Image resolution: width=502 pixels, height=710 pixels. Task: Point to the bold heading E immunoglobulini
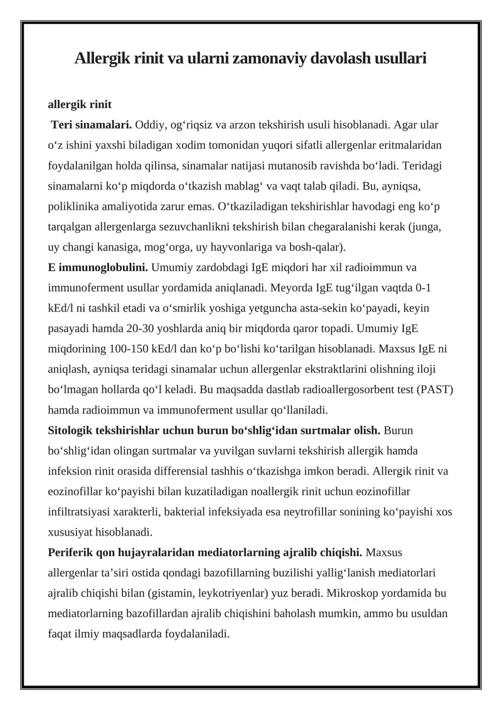[98, 268]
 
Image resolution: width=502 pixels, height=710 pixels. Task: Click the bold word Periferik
[72, 552]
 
